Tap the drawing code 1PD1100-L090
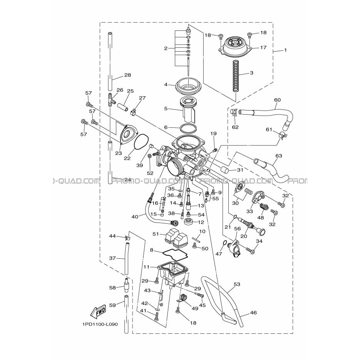[x=100, y=325]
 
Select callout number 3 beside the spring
[x=251, y=73]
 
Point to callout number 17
[x=263, y=47]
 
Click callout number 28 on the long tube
[x=127, y=75]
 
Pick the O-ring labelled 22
[x=141, y=142]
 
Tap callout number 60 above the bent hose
[x=277, y=100]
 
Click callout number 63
[x=278, y=156]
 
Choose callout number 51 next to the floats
[x=156, y=234]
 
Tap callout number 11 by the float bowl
[x=146, y=267]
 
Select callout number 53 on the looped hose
[x=237, y=284]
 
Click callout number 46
[x=253, y=313]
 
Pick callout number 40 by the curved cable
[x=135, y=216]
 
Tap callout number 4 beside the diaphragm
[x=166, y=84]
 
